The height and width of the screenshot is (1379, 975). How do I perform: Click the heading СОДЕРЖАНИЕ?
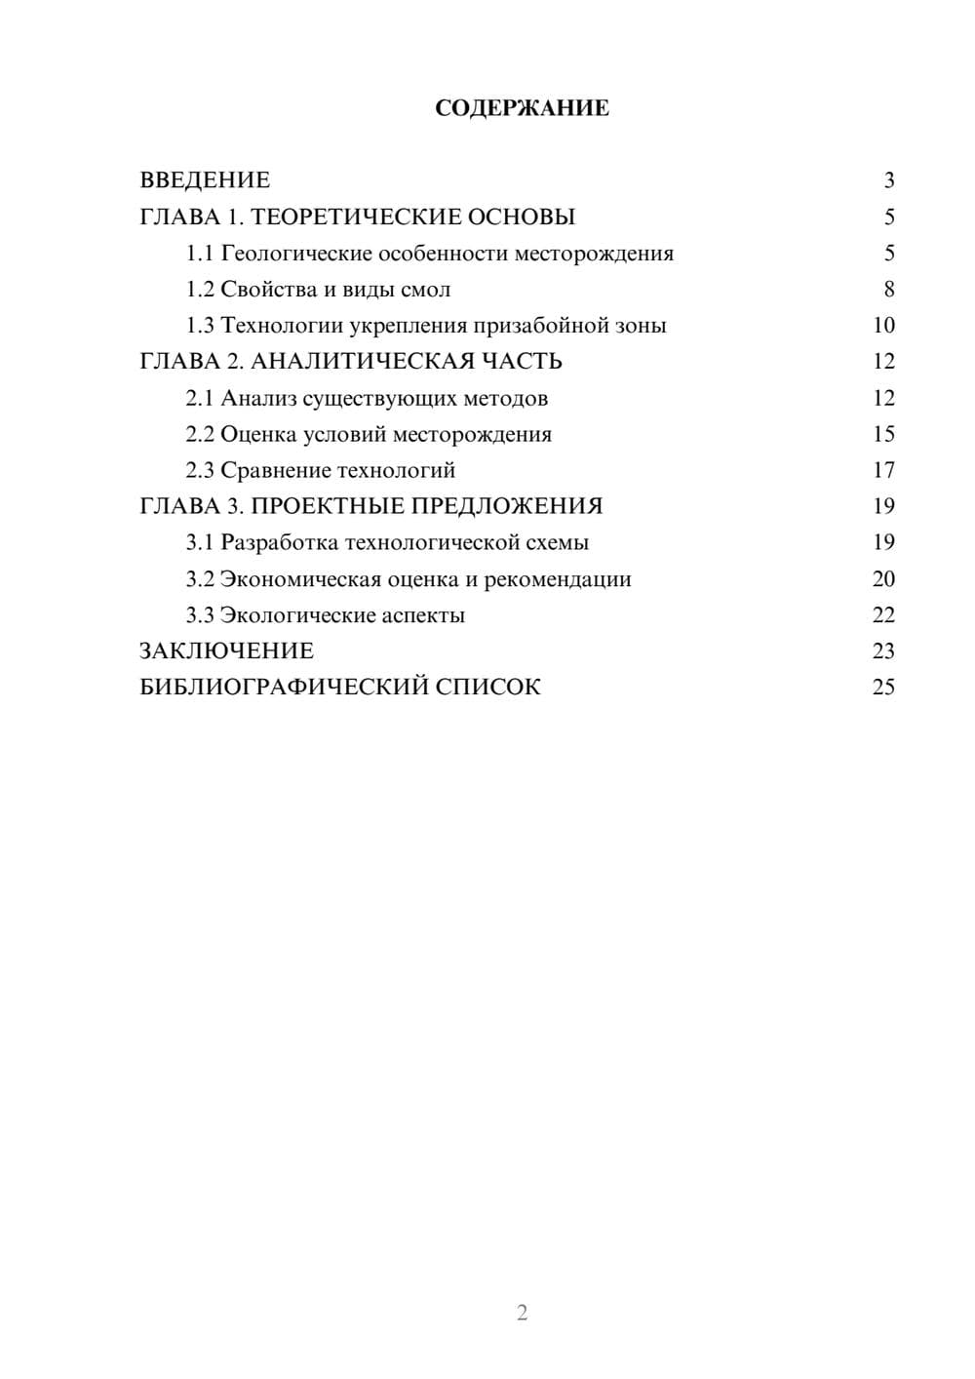coord(522,108)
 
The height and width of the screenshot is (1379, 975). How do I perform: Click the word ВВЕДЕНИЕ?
coord(205,180)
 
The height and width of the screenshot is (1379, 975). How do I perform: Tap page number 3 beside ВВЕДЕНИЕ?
coord(888,180)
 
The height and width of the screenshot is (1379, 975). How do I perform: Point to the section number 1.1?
coord(200,254)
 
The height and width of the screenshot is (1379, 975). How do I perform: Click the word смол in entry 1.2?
coord(425,290)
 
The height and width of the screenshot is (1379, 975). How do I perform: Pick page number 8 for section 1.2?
coord(888,290)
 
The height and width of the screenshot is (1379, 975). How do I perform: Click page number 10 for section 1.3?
coord(883,326)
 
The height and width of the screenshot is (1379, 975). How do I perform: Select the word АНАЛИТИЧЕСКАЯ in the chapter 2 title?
coord(361,362)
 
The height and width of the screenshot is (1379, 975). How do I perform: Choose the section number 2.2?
coord(200,434)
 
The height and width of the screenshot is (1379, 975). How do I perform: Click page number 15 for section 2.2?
coord(883,434)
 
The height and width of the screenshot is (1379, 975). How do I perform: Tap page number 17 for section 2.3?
coord(883,470)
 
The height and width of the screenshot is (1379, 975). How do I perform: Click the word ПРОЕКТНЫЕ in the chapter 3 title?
coord(328,506)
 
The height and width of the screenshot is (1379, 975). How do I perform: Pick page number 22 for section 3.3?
coord(883,615)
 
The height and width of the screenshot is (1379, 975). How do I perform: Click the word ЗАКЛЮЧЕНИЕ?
coord(227,651)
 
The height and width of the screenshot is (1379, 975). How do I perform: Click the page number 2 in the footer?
coord(522,1313)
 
